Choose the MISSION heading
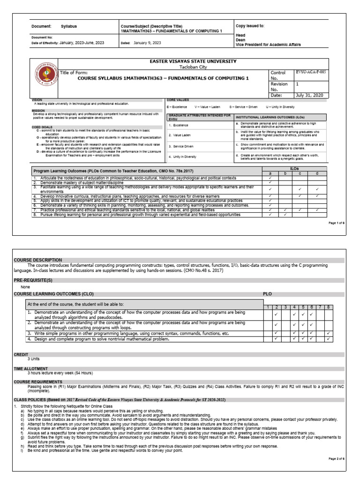click(38, 111)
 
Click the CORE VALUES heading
click(178, 100)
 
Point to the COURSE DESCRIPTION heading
click(37, 260)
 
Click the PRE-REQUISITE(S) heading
click(36, 279)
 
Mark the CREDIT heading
click(21, 354)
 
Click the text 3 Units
click(35, 359)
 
